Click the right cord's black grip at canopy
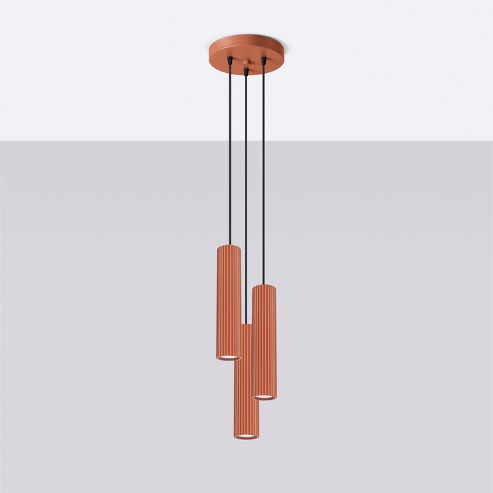click(263, 61)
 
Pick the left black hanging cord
click(230, 158)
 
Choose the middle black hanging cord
click(247, 201)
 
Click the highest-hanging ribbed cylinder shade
click(229, 301)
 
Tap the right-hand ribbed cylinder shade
click(264, 340)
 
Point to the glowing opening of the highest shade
click(229, 357)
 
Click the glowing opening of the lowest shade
click(246, 436)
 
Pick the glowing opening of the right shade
click(264, 396)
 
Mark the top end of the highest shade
click(229, 247)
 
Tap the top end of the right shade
click(264, 287)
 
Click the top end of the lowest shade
click(246, 326)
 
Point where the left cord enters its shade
click(230, 245)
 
